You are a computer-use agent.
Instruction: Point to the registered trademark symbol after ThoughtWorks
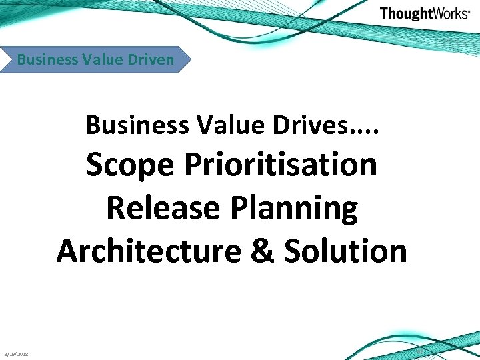click(469, 11)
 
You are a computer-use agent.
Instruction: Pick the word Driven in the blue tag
click(149, 59)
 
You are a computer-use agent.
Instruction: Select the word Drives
click(291, 124)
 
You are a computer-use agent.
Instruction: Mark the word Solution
click(345, 251)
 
